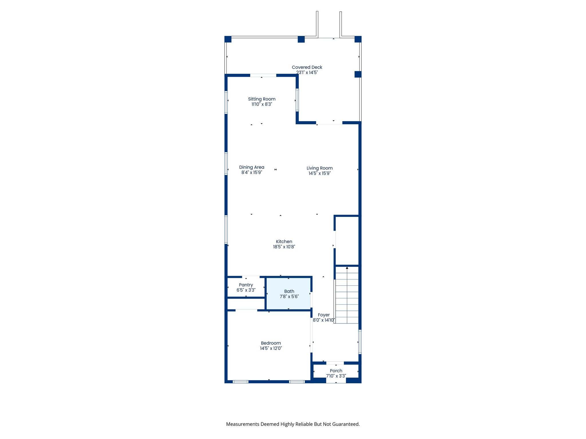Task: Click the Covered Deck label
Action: pyautogui.click(x=307, y=67)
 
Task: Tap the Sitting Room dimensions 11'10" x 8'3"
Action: pyautogui.click(x=262, y=104)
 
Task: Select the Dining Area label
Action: pyautogui.click(x=252, y=167)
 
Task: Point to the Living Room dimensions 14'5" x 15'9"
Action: pyautogui.click(x=319, y=173)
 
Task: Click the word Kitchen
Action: pyautogui.click(x=284, y=242)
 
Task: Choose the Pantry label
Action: pyautogui.click(x=246, y=285)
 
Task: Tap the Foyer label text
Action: pyautogui.click(x=324, y=315)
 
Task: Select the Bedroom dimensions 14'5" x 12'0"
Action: pyautogui.click(x=271, y=348)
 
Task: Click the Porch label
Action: pyautogui.click(x=336, y=371)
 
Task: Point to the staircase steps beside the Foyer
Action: pyautogui.click(x=347, y=297)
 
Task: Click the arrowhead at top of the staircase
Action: pyautogui.click(x=347, y=268)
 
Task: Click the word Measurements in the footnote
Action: pyautogui.click(x=243, y=424)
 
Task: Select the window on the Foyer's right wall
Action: pyautogui.click(x=360, y=342)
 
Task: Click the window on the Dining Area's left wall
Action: pyautogui.click(x=226, y=163)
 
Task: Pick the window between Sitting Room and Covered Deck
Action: pyautogui.click(x=297, y=100)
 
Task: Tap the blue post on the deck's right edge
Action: pyautogui.click(x=358, y=74)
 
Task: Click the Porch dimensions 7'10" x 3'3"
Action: pyautogui.click(x=336, y=376)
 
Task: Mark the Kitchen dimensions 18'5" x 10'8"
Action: pyautogui.click(x=284, y=247)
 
